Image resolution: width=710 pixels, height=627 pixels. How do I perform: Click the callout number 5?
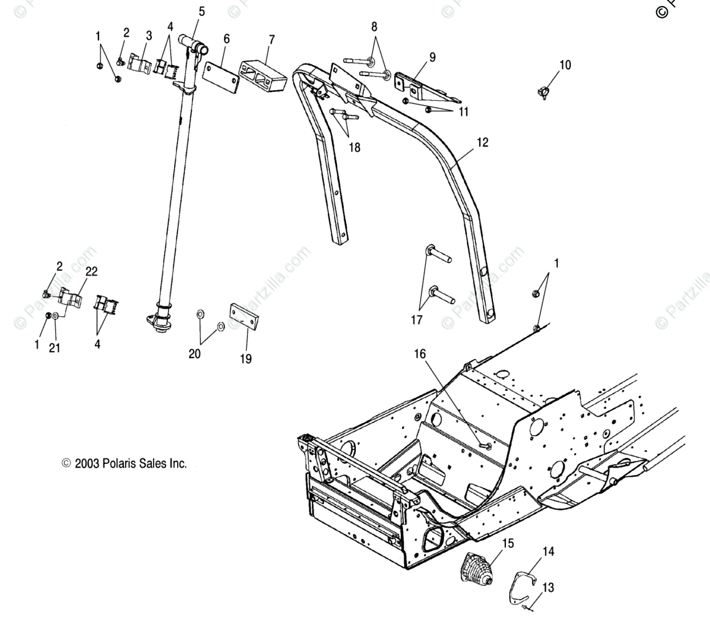(x=202, y=11)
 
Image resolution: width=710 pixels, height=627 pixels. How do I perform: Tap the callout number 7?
(x=271, y=40)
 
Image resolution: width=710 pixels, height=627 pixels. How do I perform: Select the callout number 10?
(x=565, y=65)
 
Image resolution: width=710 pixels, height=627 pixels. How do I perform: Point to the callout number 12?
(x=483, y=143)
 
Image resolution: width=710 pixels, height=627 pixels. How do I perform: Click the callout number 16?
(x=420, y=354)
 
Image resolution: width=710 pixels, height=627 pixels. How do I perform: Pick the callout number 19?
(x=245, y=359)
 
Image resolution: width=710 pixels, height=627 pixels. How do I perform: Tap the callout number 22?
(x=91, y=271)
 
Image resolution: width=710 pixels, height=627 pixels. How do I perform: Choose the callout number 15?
(x=508, y=544)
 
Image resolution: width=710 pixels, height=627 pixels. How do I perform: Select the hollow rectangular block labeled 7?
(x=264, y=74)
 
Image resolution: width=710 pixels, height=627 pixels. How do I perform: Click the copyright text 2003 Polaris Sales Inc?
(x=124, y=464)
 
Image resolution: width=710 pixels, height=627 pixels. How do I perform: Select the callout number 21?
(x=55, y=348)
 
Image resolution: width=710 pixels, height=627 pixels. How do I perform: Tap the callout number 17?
(x=417, y=319)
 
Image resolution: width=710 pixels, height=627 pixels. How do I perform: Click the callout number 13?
(x=548, y=588)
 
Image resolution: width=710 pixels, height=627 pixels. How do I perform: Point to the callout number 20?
(x=194, y=354)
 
